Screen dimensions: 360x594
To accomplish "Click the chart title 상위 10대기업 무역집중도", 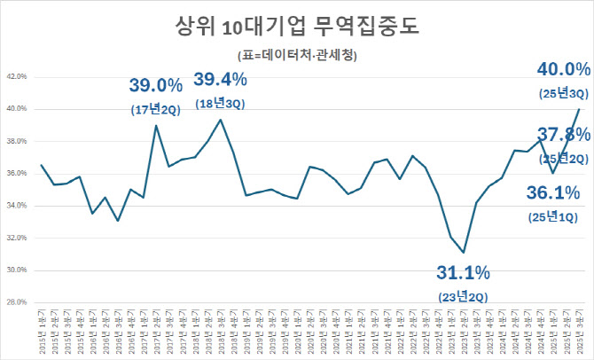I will tap(297, 26).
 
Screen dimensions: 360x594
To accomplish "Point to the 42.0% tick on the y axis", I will tap(17, 77).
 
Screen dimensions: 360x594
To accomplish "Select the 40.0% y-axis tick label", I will tap(17, 109).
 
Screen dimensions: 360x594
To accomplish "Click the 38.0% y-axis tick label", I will tap(17, 141).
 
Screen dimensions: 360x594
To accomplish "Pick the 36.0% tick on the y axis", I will tap(17, 174).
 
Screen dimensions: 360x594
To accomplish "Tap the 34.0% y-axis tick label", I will tap(17, 206).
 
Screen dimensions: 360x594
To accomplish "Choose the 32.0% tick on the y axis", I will tap(17, 238).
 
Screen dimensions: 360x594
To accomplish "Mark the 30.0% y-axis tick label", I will tap(17, 270).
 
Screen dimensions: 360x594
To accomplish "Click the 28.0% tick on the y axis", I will tap(17, 302).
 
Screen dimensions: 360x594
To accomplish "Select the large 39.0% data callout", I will tap(156, 86).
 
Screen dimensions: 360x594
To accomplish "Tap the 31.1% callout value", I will tap(465, 270).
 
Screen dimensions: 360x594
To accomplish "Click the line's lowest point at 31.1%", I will tap(464, 252).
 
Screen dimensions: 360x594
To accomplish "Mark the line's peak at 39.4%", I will tap(220, 119).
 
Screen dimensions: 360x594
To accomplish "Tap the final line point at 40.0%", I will tap(580, 109).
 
